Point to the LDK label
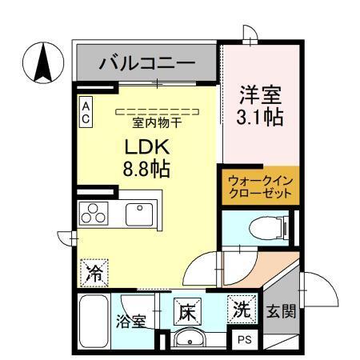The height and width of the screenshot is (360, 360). pos(144,148)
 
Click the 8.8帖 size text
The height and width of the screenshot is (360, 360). pos(145,170)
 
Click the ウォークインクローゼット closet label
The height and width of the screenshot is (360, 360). pos(260,188)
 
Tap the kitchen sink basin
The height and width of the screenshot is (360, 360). pos(140,214)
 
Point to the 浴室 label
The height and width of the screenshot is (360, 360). pos(133,323)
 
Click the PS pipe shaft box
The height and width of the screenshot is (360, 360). pos(244,338)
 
